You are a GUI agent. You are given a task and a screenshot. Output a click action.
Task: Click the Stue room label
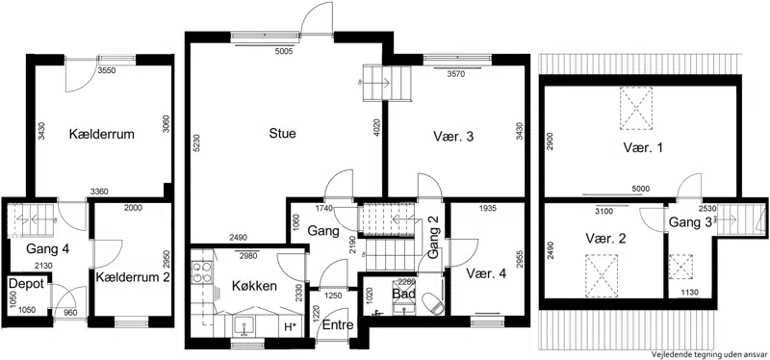coord(283,133)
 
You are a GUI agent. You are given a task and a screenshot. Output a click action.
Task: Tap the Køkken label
coord(255,286)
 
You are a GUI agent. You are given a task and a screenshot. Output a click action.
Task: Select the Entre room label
coord(338,325)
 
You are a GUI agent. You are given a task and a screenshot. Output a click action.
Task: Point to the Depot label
coord(28,283)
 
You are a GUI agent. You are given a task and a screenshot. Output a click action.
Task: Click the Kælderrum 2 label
coord(133,277)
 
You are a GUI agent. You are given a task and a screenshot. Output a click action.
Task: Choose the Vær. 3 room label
coord(453,137)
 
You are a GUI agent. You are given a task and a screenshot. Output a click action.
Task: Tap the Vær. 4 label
coord(486,273)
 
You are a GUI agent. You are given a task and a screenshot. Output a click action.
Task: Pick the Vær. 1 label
coord(643,148)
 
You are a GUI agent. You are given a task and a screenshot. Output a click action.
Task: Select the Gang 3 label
coord(691,222)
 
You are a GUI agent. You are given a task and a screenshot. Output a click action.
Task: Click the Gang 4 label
coord(47,248)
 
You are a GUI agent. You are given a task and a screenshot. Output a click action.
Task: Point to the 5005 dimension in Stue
coord(284,51)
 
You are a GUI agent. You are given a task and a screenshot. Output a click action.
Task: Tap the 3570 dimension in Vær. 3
coord(455,75)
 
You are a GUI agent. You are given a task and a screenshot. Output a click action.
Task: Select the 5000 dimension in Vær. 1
coord(641,189)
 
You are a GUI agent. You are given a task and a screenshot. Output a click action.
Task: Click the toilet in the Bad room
coord(432,303)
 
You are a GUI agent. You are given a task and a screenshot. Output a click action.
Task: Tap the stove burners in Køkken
coord(202,271)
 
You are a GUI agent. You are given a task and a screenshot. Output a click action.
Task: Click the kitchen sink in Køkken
coord(244,325)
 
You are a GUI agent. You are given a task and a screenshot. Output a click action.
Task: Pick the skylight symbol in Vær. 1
coord(636,108)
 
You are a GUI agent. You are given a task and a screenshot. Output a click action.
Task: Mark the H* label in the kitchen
coord(291,327)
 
